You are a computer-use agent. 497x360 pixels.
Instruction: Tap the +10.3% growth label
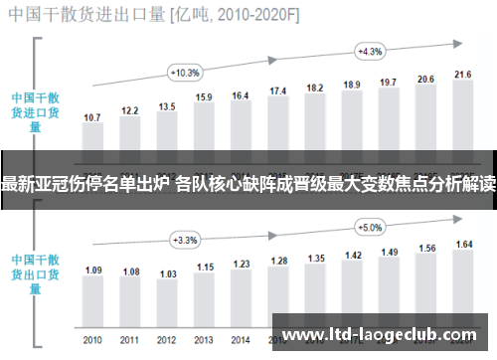tap(186, 73)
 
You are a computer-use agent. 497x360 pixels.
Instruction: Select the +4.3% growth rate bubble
tap(370, 51)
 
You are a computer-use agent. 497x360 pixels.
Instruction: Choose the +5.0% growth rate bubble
tap(370, 227)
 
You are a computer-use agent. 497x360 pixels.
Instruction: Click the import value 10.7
tap(92, 118)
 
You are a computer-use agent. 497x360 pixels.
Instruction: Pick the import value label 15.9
tap(204, 96)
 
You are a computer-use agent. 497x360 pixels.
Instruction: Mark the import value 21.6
tap(463, 74)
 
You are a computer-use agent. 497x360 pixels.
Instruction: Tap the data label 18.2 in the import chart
tap(315, 88)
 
